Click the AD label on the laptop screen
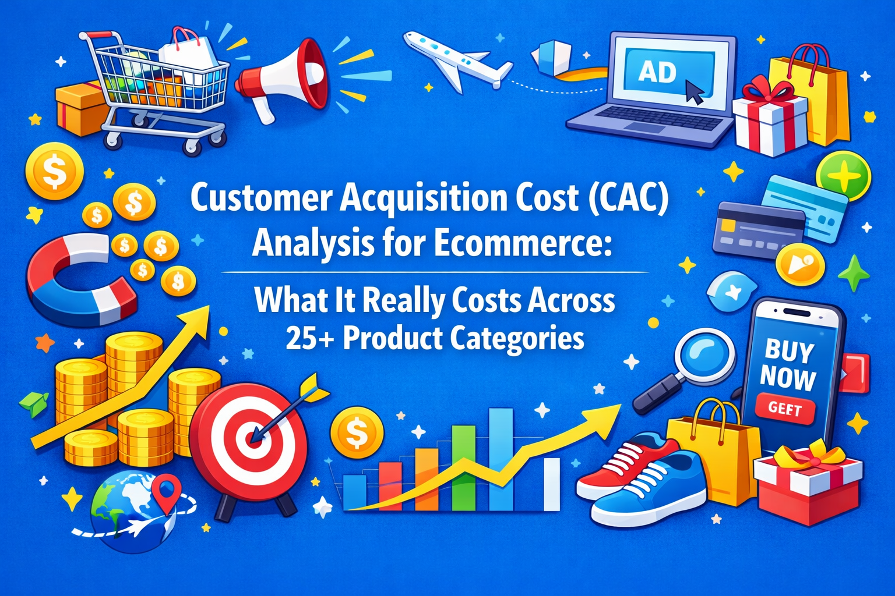pos(657,72)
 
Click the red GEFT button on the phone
pos(784,409)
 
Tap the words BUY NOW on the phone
pos(788,364)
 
